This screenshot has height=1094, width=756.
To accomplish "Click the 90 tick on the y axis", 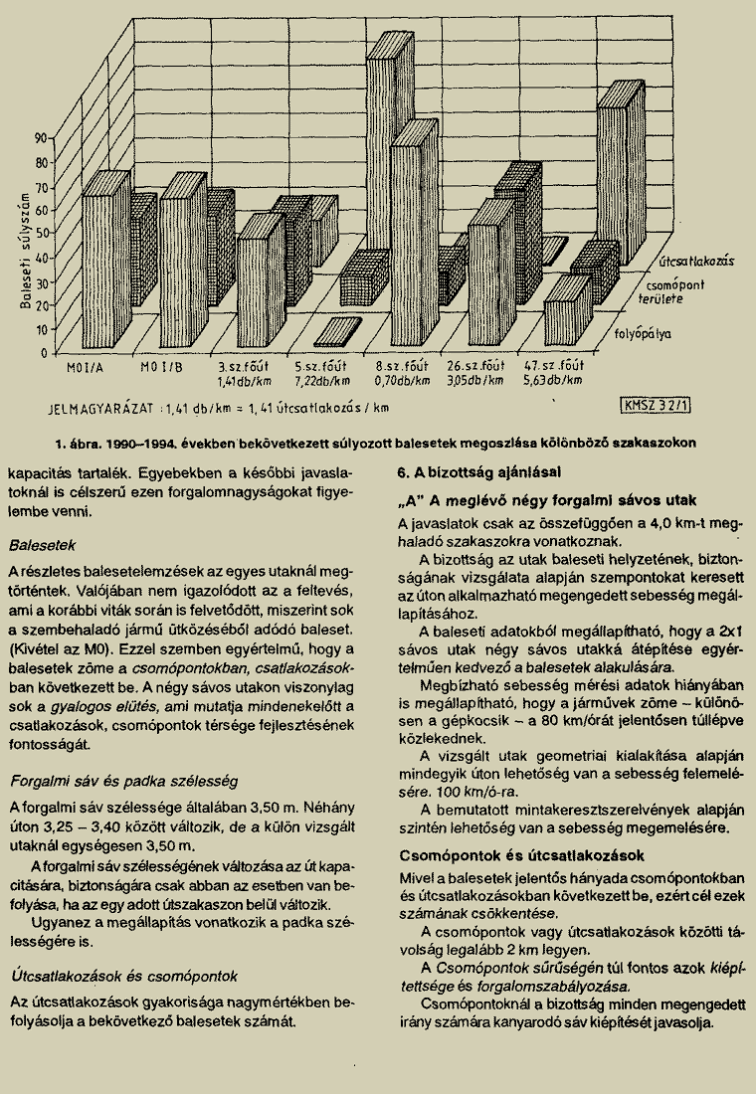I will pyautogui.click(x=42, y=137).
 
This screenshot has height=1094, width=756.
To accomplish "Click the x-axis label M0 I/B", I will pyautogui.click(x=164, y=367).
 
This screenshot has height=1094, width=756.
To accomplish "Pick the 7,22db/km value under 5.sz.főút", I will pyautogui.click(x=321, y=381).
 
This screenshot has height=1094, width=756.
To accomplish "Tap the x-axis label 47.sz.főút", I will pyautogui.click(x=554, y=367).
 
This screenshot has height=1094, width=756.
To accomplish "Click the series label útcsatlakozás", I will pyautogui.click(x=695, y=262).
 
